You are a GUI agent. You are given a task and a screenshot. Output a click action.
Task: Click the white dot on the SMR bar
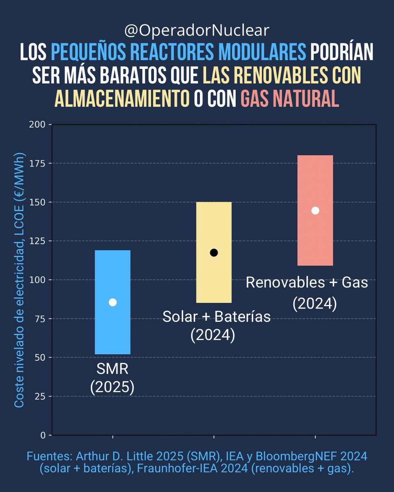tap(112, 302)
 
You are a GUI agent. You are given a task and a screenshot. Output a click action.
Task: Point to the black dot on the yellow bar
tap(214, 253)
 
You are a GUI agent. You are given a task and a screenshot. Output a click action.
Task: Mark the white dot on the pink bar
tap(315, 210)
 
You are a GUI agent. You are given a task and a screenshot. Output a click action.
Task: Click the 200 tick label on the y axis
tap(39, 124)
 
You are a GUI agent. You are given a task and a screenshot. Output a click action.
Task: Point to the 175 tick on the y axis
tap(39, 163)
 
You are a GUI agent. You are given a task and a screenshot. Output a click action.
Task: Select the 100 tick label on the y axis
tap(39, 280)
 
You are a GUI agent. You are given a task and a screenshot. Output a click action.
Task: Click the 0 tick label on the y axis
tap(44, 435)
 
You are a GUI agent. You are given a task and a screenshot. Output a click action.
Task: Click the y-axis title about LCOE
tap(20, 280)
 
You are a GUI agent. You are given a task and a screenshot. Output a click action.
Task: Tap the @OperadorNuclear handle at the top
tap(197, 30)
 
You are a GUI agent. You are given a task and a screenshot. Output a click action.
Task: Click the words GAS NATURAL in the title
tap(290, 98)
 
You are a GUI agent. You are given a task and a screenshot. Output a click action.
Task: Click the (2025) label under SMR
tap(112, 387)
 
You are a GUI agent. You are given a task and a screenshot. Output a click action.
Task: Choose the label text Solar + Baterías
tap(217, 317)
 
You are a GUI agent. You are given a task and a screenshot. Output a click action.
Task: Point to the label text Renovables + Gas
tap(307, 283)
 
